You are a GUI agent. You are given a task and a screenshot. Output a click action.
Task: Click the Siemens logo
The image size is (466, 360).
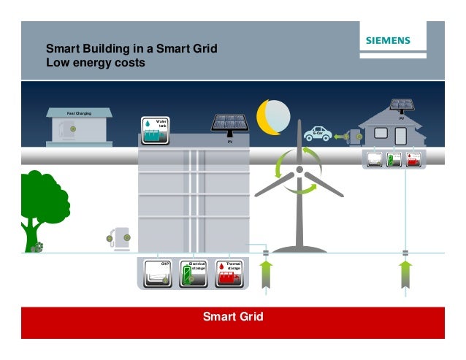[x=388, y=41]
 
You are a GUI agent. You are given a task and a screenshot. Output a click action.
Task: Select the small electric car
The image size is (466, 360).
[x=318, y=134]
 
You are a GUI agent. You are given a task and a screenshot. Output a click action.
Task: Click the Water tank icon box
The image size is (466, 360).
[x=155, y=130]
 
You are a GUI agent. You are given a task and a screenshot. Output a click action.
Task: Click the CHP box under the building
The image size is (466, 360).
[x=158, y=272]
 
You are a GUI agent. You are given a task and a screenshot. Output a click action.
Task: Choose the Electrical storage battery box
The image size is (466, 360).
[x=194, y=272]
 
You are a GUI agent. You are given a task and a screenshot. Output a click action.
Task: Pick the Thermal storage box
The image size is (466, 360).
[x=229, y=272]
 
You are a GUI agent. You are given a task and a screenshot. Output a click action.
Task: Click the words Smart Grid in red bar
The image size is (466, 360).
[x=233, y=317]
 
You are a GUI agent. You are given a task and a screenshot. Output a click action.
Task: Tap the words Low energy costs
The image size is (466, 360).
[x=96, y=64]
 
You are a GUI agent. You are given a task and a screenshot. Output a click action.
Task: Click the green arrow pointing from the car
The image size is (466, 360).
[x=340, y=135]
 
